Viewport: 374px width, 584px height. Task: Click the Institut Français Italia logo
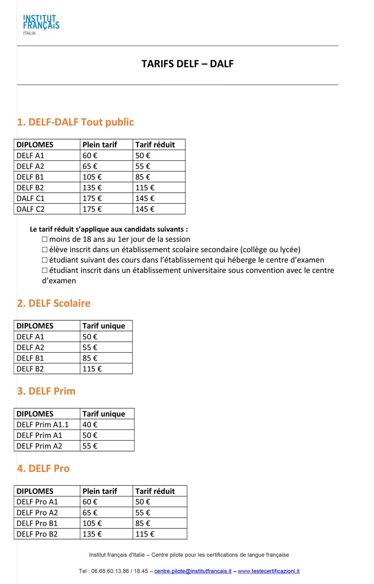pos(41,24)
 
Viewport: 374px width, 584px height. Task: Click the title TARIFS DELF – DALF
pos(187,64)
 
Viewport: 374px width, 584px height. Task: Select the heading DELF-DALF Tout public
pos(75,122)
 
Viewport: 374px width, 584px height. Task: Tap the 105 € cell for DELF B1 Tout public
pos(92,177)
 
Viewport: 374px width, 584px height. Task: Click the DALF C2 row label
pos(30,209)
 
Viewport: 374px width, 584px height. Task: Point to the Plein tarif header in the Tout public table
pos(100,145)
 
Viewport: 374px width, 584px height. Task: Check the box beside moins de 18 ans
pos(44,239)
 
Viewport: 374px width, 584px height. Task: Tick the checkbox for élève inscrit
pos(44,250)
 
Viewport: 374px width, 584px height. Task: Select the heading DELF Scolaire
pos(54,303)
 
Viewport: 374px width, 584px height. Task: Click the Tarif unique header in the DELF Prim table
pos(103,414)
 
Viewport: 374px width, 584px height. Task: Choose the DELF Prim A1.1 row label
pos(42,425)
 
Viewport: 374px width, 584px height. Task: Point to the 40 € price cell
pos(90,425)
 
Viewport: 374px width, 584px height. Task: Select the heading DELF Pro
pos(43,469)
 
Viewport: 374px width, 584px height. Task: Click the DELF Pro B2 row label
pos(37,534)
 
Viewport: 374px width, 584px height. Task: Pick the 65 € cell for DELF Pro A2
pos(90,513)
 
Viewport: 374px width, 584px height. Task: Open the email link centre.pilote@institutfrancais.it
pos(193,571)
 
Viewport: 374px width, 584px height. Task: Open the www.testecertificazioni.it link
pos(268,571)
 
